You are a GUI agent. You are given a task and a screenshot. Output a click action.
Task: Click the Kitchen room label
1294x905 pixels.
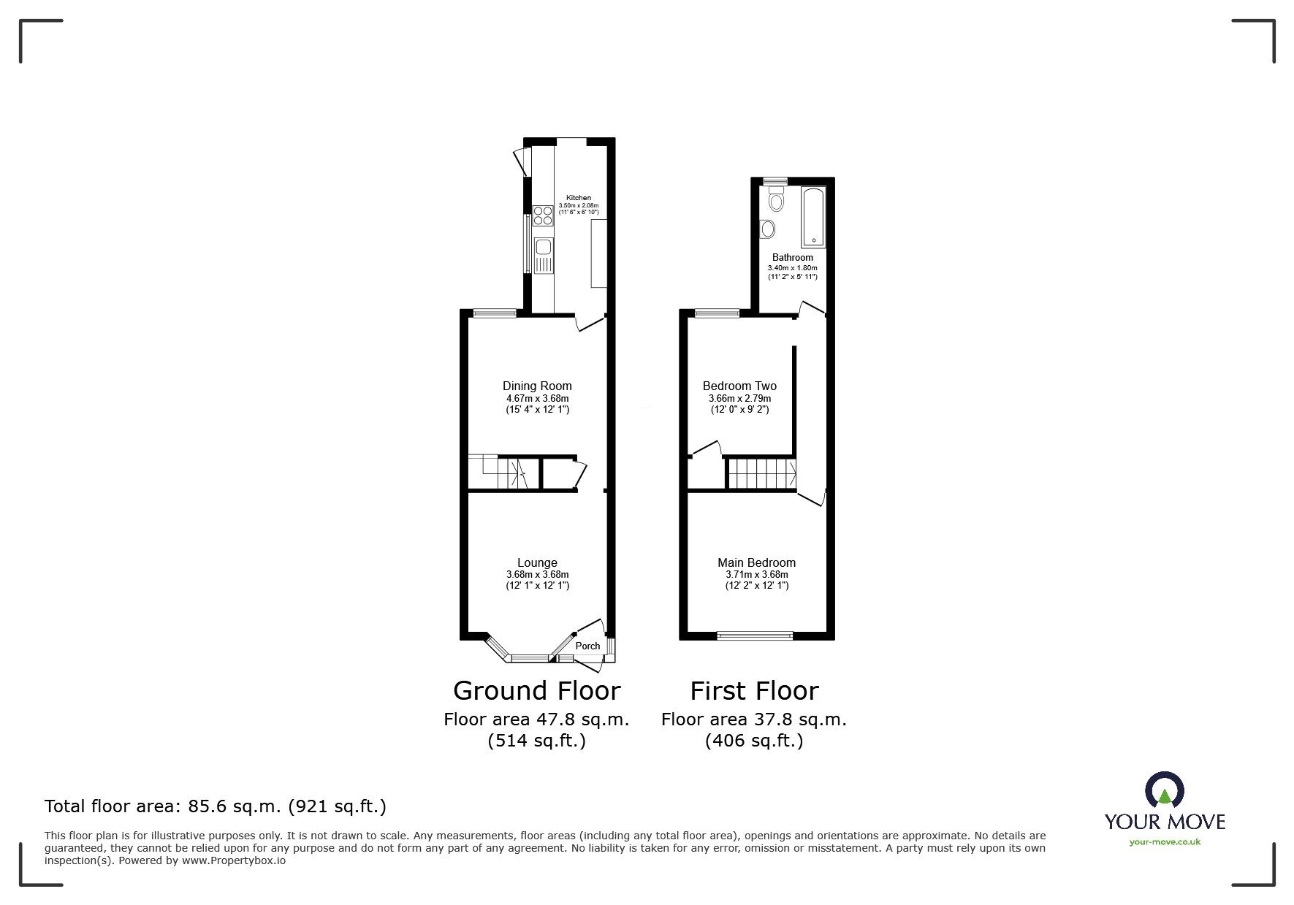click(x=579, y=198)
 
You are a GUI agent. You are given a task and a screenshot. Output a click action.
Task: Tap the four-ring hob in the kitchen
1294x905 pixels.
click(x=543, y=215)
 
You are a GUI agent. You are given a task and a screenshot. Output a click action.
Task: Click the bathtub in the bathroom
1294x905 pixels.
click(x=813, y=217)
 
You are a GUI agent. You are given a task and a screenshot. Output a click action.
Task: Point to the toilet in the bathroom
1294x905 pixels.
click(x=776, y=199)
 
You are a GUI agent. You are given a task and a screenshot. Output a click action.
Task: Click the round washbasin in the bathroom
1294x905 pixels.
click(x=768, y=229)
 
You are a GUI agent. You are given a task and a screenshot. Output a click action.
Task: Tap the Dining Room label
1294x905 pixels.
click(x=537, y=386)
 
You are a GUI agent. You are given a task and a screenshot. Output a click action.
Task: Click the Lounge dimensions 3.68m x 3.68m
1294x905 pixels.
click(x=537, y=575)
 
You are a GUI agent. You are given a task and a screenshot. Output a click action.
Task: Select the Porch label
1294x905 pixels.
click(x=587, y=646)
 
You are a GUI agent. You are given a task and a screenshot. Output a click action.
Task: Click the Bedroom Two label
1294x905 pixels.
click(x=739, y=386)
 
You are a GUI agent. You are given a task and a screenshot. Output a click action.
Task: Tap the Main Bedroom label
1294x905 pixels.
click(x=756, y=562)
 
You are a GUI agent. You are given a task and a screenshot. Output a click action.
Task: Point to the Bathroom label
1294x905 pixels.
click(x=792, y=258)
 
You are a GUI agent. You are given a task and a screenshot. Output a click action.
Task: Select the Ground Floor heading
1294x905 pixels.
click(x=536, y=691)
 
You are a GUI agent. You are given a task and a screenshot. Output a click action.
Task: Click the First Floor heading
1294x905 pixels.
click(x=754, y=691)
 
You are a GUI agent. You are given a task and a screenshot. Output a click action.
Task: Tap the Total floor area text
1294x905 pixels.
click(x=216, y=806)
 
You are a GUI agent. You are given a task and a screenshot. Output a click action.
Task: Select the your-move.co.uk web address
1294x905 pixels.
click(x=1165, y=842)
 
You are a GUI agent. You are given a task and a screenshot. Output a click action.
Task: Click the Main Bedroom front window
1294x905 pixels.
click(x=755, y=635)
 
